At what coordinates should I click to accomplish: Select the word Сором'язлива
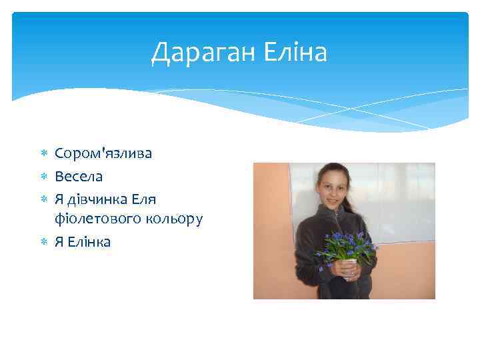(x=103, y=153)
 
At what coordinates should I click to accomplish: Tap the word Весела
(x=79, y=177)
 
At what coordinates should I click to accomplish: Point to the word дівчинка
(x=97, y=199)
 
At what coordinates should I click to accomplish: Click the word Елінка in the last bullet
(x=89, y=241)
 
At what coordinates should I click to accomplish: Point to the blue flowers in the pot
(x=347, y=245)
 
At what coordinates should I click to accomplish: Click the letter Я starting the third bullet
(x=59, y=199)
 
